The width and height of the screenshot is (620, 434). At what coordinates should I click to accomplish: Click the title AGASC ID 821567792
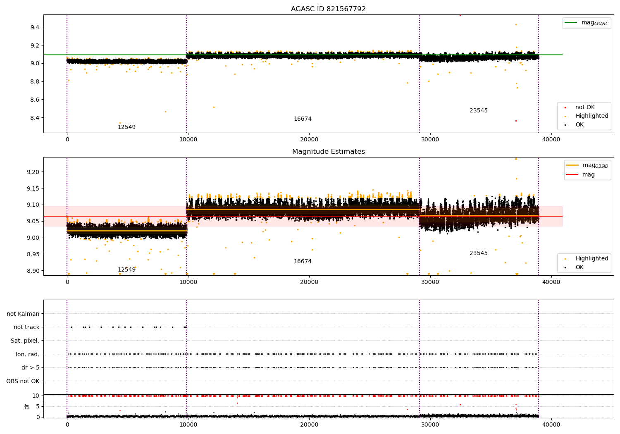click(328, 9)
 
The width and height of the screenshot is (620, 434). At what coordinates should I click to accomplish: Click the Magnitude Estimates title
click(329, 151)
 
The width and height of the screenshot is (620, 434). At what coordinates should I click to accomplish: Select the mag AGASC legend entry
click(587, 23)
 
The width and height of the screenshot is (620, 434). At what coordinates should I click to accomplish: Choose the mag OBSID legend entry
click(587, 165)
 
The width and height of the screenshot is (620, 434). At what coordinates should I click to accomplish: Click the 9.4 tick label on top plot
click(35, 27)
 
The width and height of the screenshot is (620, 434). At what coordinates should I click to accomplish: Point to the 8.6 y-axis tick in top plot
click(35, 100)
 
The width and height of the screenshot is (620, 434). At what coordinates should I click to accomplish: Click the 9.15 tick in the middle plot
click(33, 188)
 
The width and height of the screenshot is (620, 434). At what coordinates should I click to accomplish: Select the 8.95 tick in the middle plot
click(33, 254)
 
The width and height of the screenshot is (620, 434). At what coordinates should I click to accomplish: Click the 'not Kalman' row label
click(23, 314)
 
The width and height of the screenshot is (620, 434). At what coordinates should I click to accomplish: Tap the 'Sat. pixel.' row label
click(25, 341)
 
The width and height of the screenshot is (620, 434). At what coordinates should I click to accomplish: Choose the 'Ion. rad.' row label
click(27, 354)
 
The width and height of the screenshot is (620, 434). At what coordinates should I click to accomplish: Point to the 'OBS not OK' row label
click(23, 381)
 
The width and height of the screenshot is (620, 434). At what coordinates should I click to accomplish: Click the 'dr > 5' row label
click(31, 367)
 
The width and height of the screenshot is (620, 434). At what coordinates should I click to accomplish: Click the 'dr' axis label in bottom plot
click(26, 406)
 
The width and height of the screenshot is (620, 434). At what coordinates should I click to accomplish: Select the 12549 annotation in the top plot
click(126, 127)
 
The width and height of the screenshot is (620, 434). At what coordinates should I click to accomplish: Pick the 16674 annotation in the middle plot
click(303, 261)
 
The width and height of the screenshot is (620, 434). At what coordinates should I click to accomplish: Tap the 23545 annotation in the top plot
click(479, 110)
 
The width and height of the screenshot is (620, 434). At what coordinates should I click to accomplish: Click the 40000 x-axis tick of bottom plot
click(551, 424)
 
